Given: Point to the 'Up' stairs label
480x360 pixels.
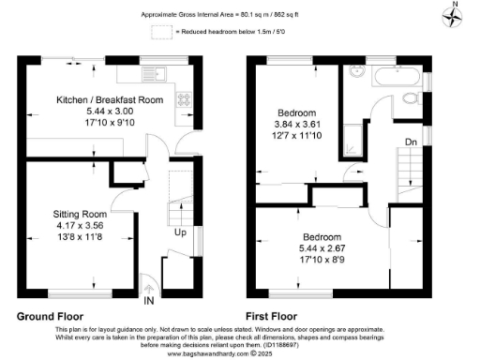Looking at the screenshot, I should coord(178,232).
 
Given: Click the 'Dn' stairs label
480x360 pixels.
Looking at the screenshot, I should coord(410,142).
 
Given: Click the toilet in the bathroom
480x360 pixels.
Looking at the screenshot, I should coord(409,99).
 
